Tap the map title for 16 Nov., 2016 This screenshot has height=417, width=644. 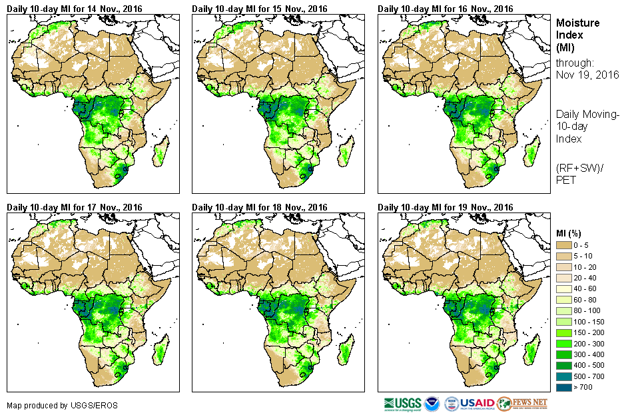pos(446,9)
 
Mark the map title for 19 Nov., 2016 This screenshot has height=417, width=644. pos(446,207)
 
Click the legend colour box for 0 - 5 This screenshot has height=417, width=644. pos(564,246)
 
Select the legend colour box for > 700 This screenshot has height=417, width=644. pos(564,386)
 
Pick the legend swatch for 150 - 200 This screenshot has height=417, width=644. pos(564,332)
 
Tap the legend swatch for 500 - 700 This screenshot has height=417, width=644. pos(564,376)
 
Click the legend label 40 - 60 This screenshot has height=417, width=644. pos(585,289)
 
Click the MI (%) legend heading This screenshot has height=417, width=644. pos(569,233)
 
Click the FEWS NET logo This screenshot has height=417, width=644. pos(522,404)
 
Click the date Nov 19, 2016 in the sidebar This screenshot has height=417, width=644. pos(587,75)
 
